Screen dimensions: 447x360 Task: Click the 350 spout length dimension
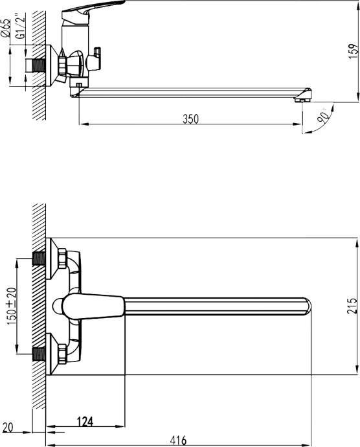(x=190, y=119)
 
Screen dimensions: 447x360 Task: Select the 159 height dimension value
(x=352, y=50)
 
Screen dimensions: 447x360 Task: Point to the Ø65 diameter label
(x=6, y=29)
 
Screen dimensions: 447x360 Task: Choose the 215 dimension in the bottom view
(x=352, y=306)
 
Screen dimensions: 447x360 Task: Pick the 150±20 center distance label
(x=11, y=306)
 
